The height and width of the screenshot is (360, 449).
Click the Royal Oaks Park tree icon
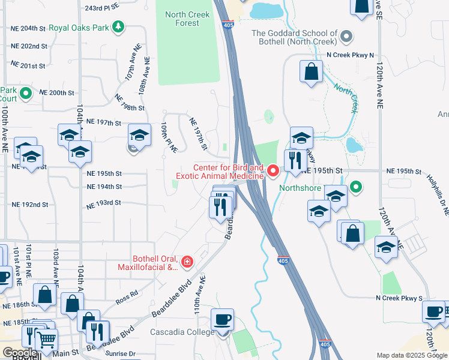click(119, 26)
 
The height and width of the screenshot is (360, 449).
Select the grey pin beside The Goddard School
click(345, 37)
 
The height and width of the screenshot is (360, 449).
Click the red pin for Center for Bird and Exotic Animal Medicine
click(272, 172)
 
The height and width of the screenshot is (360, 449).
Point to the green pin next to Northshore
click(355, 187)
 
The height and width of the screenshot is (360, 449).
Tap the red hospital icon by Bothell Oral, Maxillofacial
click(187, 262)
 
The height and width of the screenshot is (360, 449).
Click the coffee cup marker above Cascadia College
click(223, 319)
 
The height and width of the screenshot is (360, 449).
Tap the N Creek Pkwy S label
click(399, 298)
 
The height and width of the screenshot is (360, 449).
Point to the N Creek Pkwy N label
click(350, 55)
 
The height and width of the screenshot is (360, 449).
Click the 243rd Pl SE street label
click(101, 8)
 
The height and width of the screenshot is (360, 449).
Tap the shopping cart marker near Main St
click(46, 340)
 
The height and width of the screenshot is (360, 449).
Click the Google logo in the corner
click(20, 353)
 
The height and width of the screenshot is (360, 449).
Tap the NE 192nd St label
click(29, 205)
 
